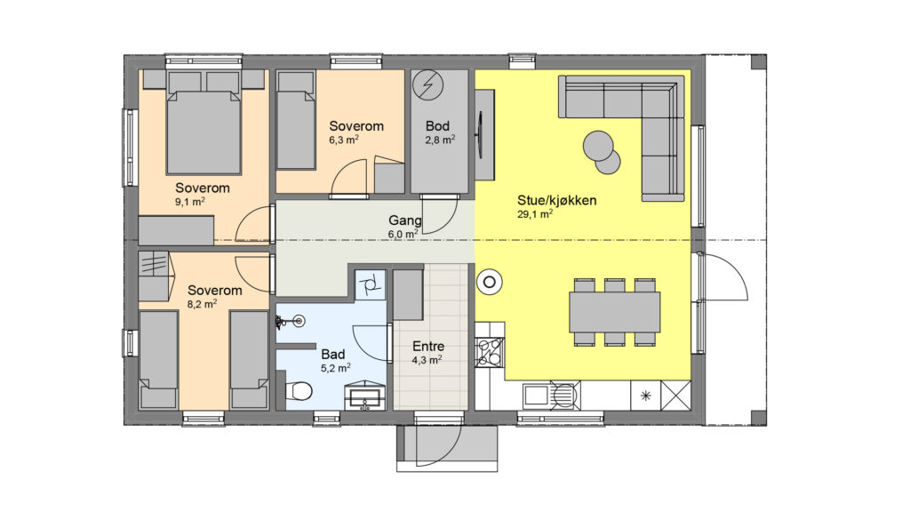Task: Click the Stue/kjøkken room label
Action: (556, 201)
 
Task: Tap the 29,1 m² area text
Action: (534, 214)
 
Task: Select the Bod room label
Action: (437, 126)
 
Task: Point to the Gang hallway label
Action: (404, 220)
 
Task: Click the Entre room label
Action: (428, 347)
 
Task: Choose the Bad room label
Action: (333, 354)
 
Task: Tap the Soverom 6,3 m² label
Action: (356, 126)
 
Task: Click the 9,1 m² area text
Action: (190, 202)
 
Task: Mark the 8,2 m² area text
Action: (202, 304)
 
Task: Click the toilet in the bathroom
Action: (299, 391)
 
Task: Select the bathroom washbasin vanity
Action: (365, 396)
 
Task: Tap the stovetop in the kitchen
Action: (490, 353)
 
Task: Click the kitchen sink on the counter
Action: (551, 396)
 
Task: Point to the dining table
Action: (615, 312)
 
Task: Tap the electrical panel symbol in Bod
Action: (427, 85)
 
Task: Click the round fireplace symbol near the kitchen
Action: (490, 283)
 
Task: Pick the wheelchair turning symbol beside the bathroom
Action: (369, 285)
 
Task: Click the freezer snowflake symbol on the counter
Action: (645, 396)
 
